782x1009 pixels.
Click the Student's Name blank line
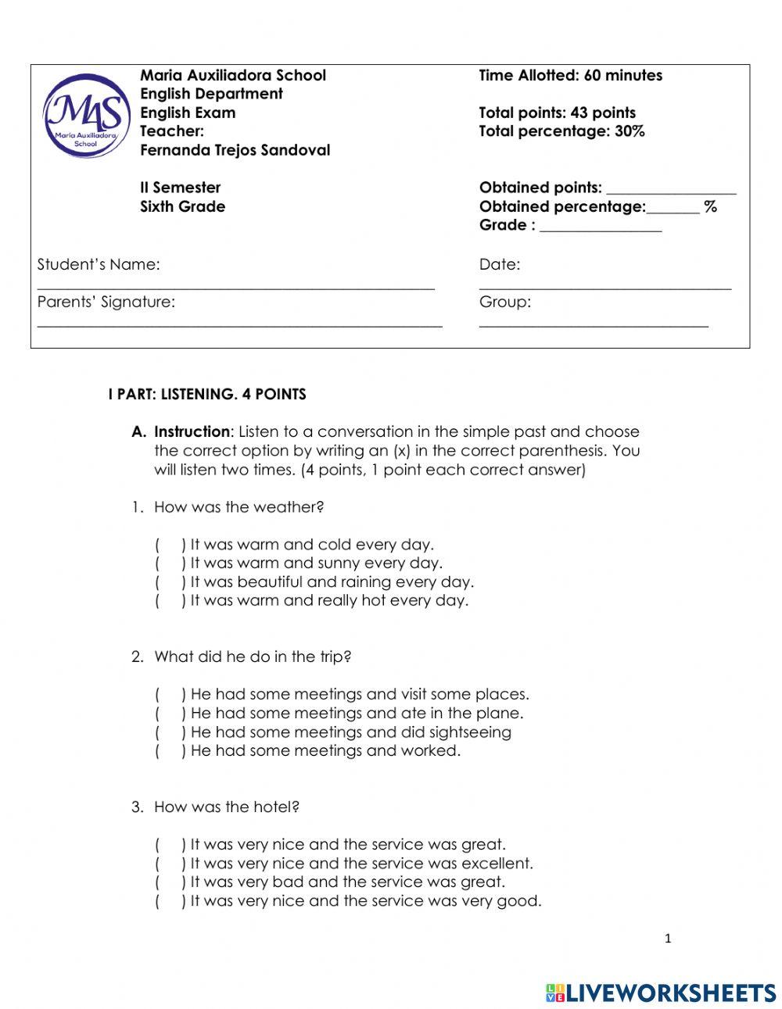(235, 288)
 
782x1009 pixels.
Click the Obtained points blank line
(671, 191)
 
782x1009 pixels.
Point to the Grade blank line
(601, 230)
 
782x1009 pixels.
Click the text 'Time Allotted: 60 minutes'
(570, 76)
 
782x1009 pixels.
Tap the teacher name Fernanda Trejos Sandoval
(235, 150)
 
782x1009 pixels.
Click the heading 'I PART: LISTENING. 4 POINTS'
(207, 395)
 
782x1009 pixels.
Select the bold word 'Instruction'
(192, 432)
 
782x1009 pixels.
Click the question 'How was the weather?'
(239, 507)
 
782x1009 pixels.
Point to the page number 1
(667, 939)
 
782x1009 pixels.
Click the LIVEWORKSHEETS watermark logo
(661, 993)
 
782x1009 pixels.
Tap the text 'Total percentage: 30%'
(561, 131)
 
